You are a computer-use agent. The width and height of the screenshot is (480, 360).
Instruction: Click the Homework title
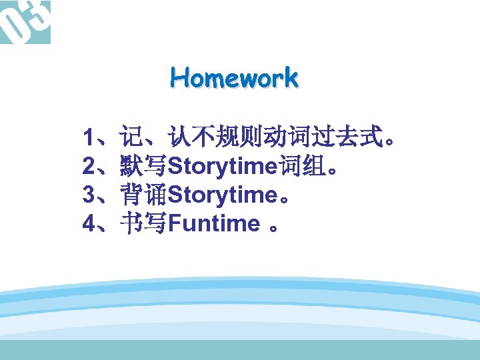234,78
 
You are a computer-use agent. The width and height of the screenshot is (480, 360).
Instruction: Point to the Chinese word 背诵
143,195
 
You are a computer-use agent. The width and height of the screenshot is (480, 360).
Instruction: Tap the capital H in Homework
178,78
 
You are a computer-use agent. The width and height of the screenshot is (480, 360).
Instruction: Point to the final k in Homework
291,78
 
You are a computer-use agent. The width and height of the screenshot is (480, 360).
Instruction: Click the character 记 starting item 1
131,138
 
